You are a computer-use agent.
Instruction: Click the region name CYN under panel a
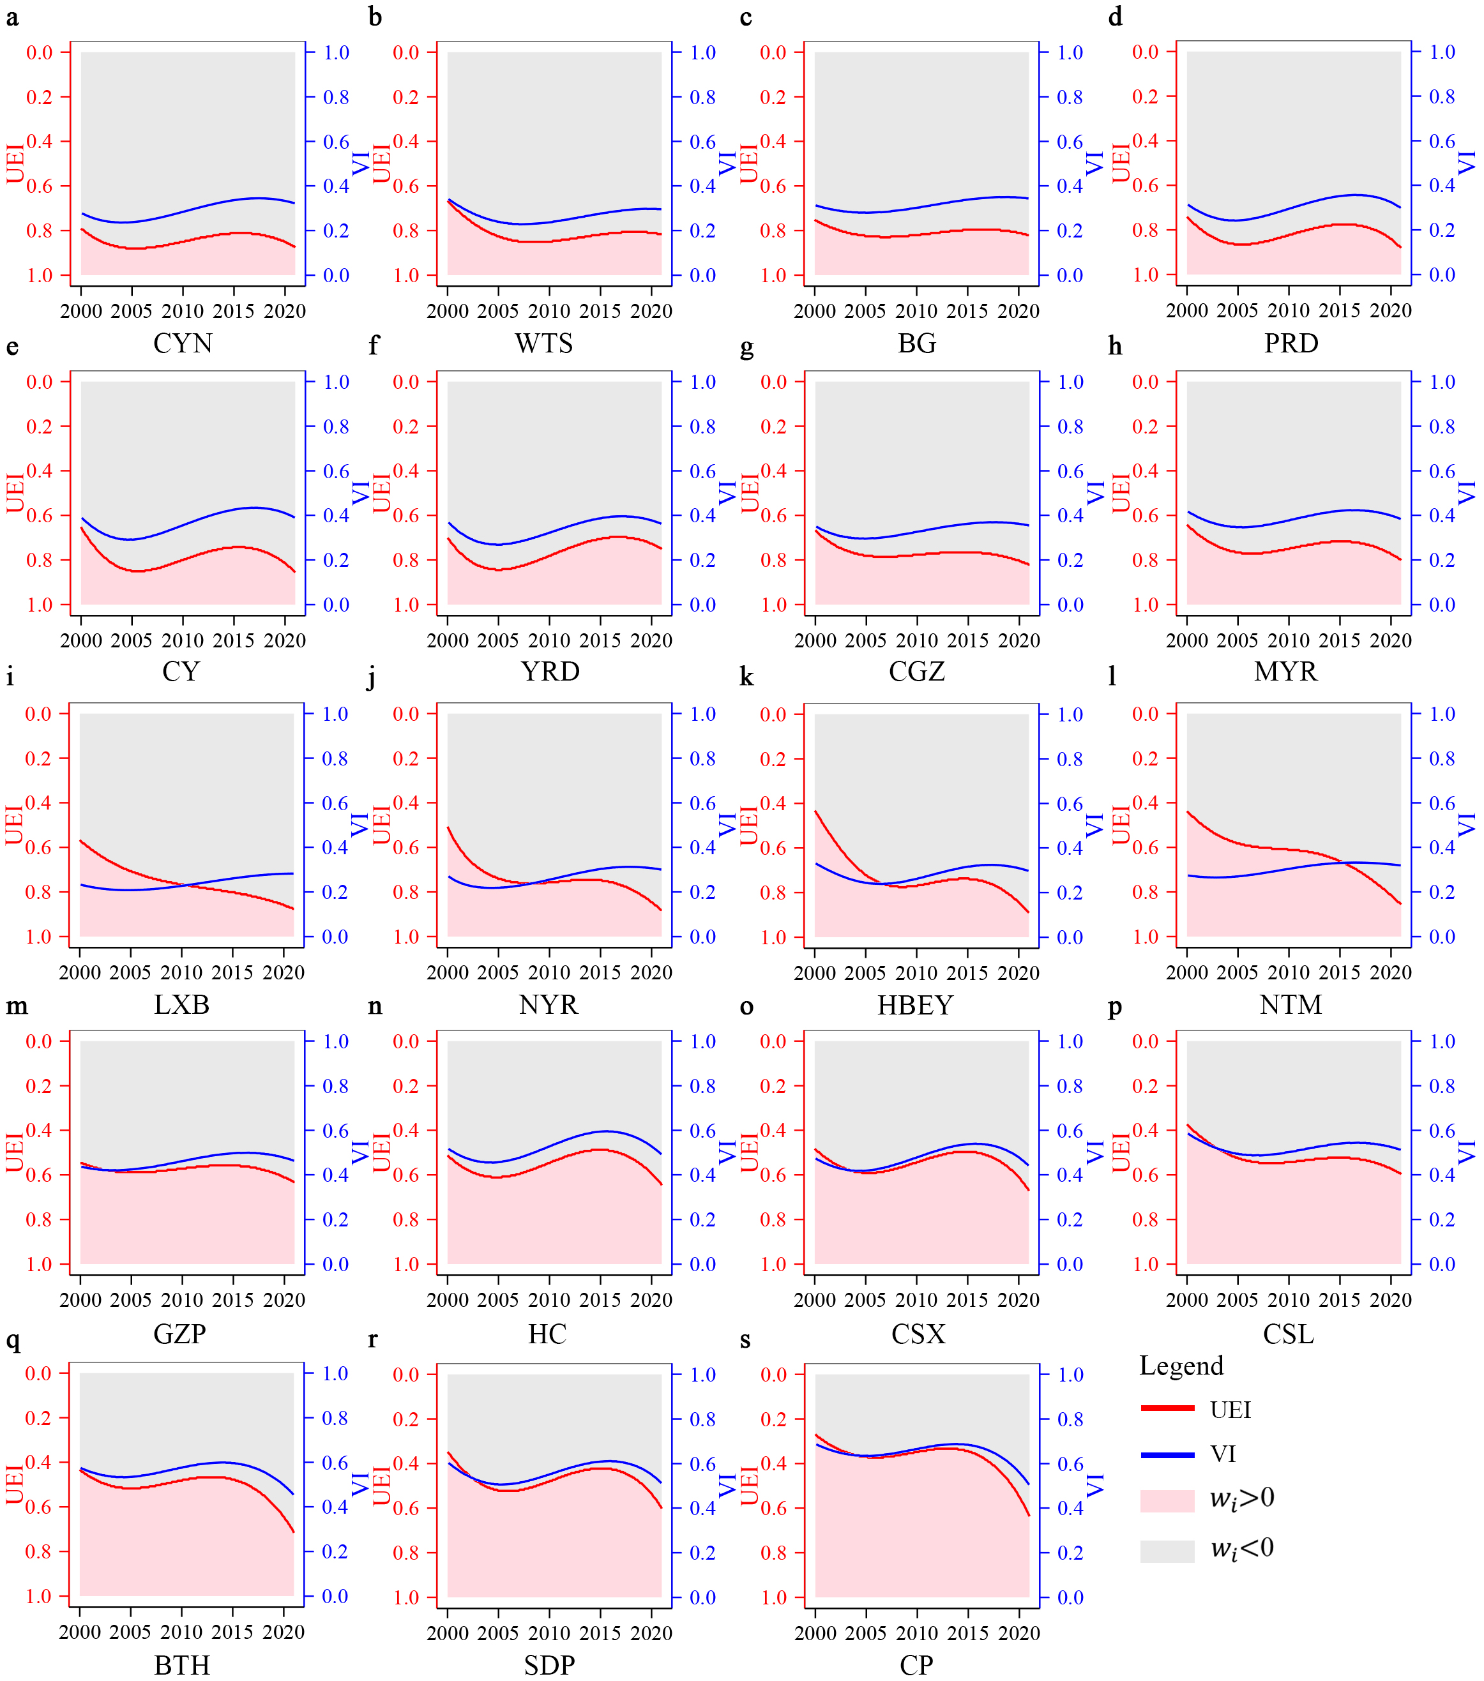tap(183, 343)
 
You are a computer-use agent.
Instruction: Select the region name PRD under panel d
tap(1291, 343)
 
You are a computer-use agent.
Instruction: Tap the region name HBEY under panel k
tap(915, 1005)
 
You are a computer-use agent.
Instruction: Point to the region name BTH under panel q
tap(182, 1666)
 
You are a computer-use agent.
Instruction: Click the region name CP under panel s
tap(916, 1666)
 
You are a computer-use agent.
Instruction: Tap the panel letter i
tap(10, 677)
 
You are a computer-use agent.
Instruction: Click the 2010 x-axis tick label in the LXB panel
tap(182, 973)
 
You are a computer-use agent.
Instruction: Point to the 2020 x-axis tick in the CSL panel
tap(1390, 1300)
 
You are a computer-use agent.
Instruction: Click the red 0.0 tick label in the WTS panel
tap(406, 52)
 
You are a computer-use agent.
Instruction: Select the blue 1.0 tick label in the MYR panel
tap(1442, 382)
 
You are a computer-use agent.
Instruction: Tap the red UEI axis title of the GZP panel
tap(15, 1151)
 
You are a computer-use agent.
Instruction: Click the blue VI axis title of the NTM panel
tap(1467, 824)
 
